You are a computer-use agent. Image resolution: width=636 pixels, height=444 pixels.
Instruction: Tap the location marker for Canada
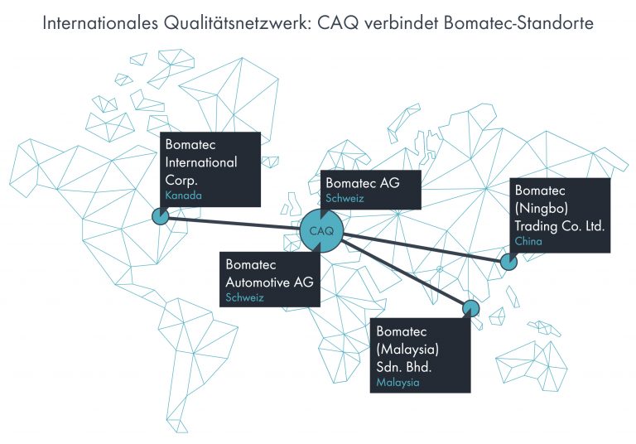(159, 216)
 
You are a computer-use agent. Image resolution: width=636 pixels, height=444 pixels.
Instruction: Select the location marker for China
(508, 263)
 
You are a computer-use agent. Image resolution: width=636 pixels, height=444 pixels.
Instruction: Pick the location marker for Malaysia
(471, 308)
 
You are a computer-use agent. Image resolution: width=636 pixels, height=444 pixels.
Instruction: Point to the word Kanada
(183, 196)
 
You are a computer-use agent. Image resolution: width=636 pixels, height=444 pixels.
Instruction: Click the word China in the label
(529, 241)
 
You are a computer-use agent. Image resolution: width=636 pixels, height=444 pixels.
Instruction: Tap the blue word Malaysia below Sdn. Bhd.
(397, 383)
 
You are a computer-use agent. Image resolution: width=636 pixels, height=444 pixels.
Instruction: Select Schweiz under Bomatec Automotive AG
(244, 297)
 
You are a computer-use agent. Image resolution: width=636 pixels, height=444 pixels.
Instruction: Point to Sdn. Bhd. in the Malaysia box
(403, 365)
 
